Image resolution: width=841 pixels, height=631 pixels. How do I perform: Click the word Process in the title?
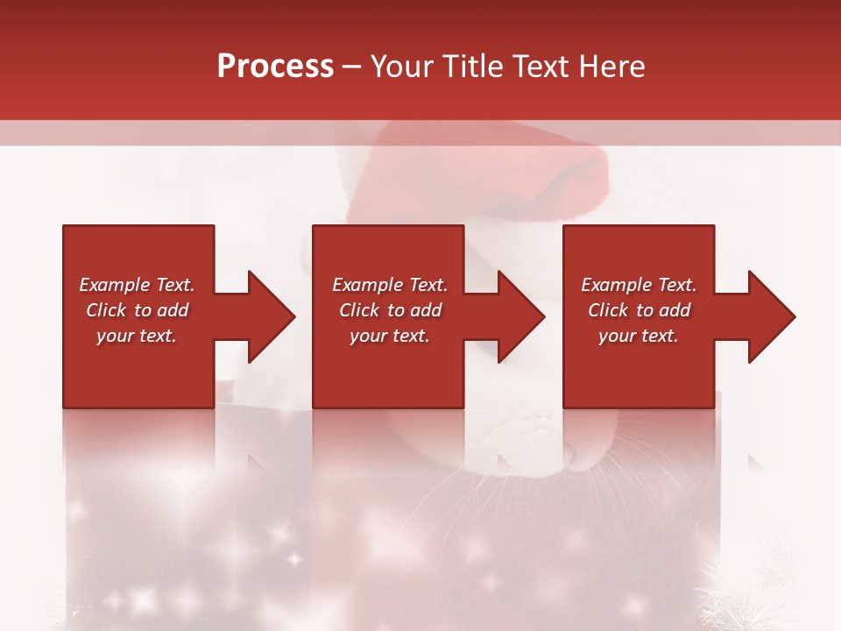[x=275, y=67]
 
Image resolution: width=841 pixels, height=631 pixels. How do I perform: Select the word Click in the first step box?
[x=107, y=310]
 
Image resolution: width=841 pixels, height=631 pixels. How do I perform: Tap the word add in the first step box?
[x=173, y=310]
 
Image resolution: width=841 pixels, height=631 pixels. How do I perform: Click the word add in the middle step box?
[x=426, y=310]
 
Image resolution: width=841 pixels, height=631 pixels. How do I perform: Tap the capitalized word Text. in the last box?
[x=676, y=285]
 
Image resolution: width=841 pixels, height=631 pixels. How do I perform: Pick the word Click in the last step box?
[x=609, y=310]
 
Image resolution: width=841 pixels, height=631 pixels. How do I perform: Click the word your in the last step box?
[x=617, y=337]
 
